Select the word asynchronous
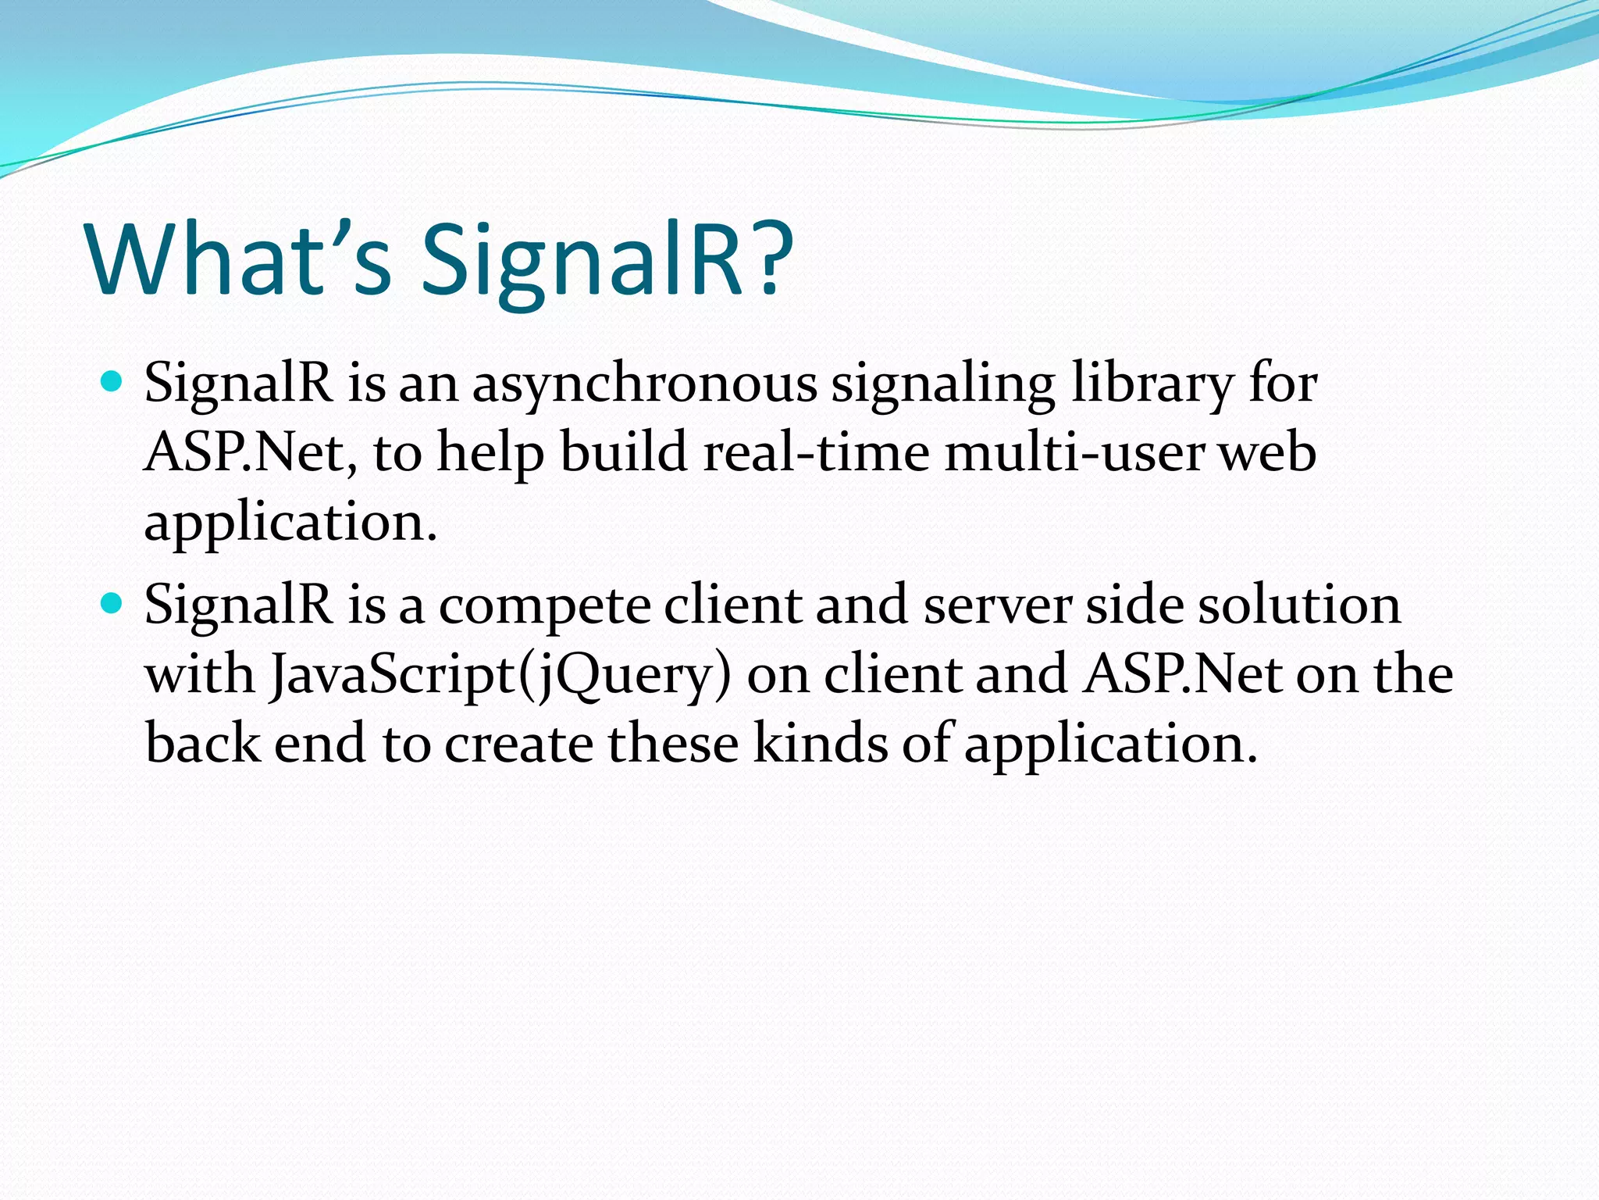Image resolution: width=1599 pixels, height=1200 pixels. point(644,384)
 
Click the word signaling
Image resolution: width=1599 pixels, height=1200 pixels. point(942,384)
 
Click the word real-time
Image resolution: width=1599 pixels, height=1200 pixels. point(816,452)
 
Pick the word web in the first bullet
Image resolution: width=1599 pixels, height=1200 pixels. point(1268,452)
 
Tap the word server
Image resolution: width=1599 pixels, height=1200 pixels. point(997,606)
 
